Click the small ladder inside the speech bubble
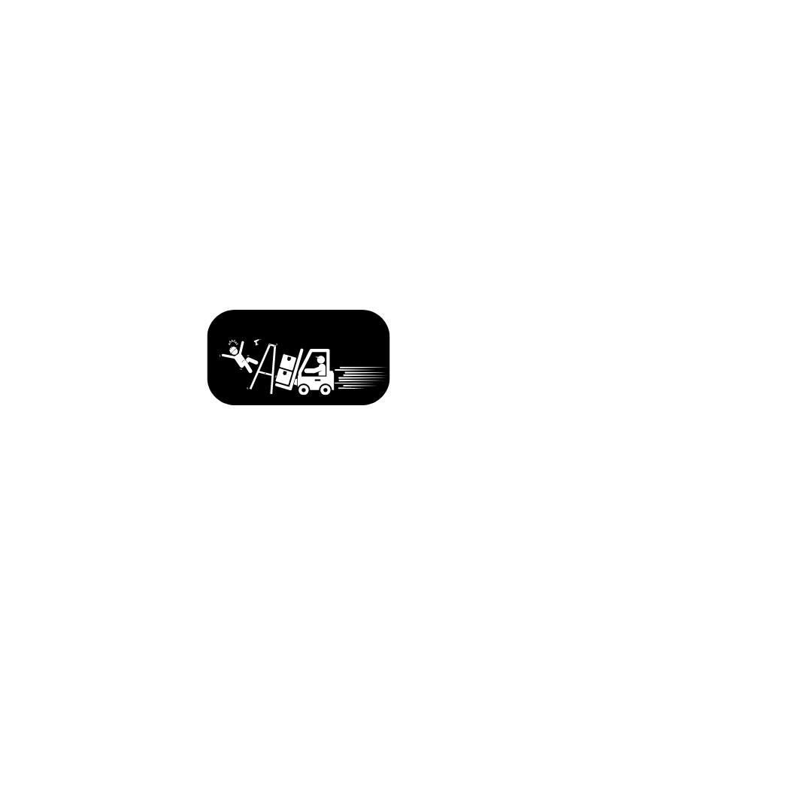coord(262,368)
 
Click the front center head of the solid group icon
coord(656,654)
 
